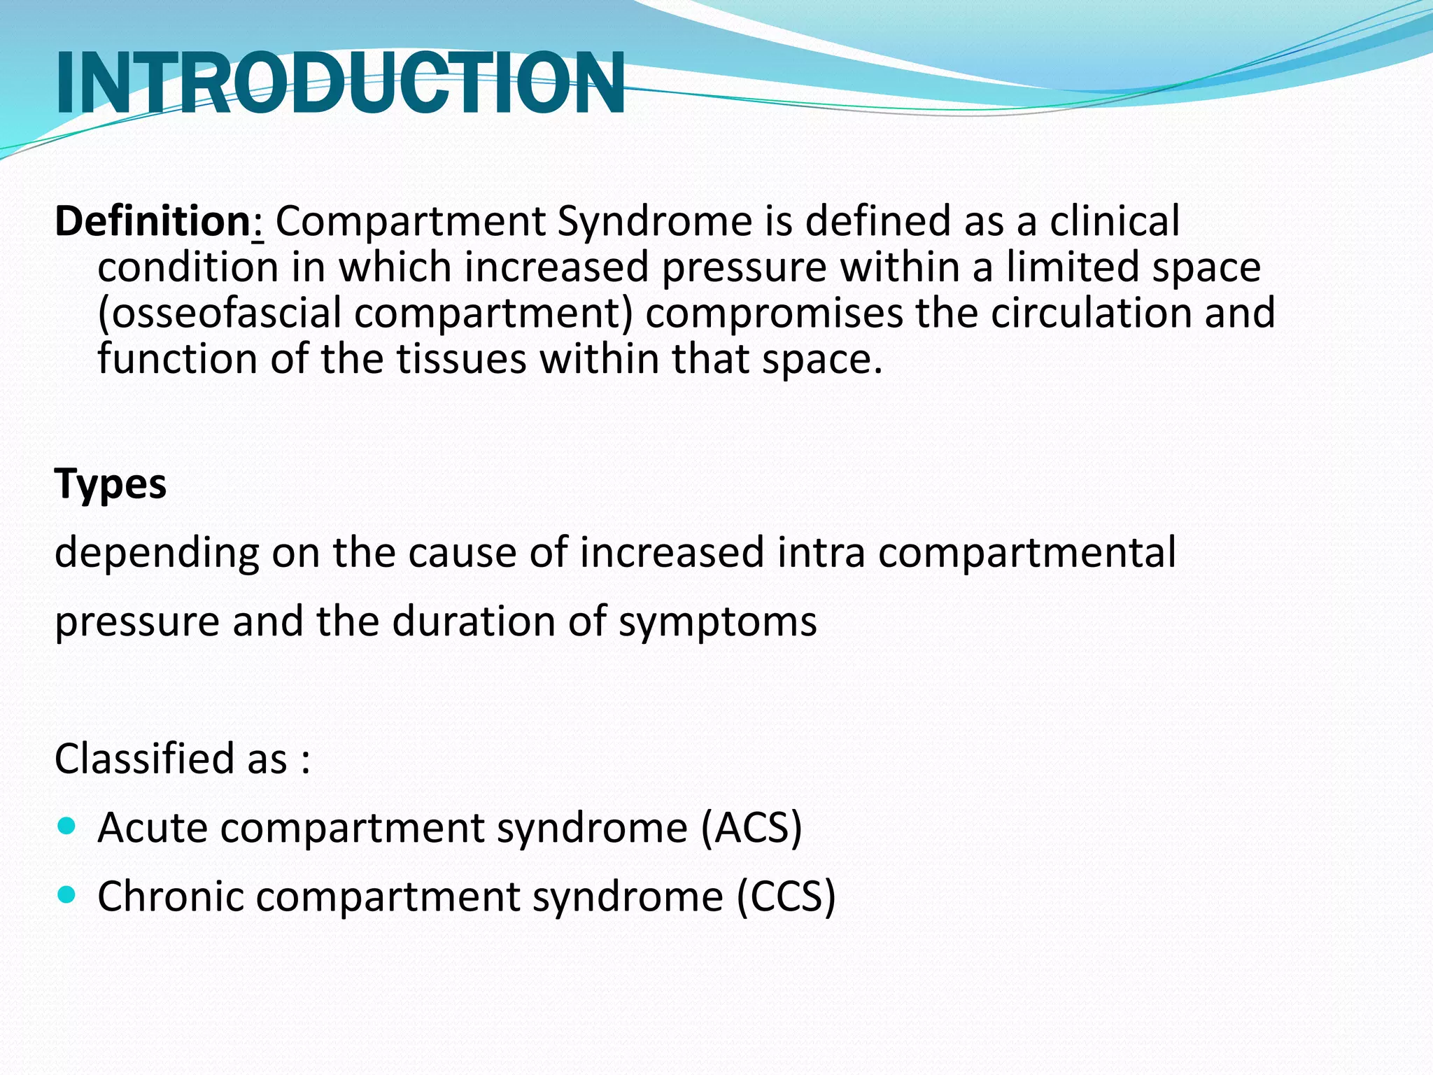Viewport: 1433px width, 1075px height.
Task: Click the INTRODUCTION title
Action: click(340, 84)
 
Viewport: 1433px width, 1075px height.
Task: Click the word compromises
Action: click(774, 313)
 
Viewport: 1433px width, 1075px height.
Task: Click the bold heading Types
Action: click(111, 484)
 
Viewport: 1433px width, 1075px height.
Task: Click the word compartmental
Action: click(1026, 553)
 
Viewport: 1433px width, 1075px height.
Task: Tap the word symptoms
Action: click(717, 621)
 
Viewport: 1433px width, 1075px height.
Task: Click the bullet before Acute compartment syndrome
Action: click(66, 827)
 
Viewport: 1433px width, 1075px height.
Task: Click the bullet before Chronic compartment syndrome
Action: click(66, 894)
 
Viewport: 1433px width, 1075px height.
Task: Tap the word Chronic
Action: click(171, 897)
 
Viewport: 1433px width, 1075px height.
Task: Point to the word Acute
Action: click(152, 828)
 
